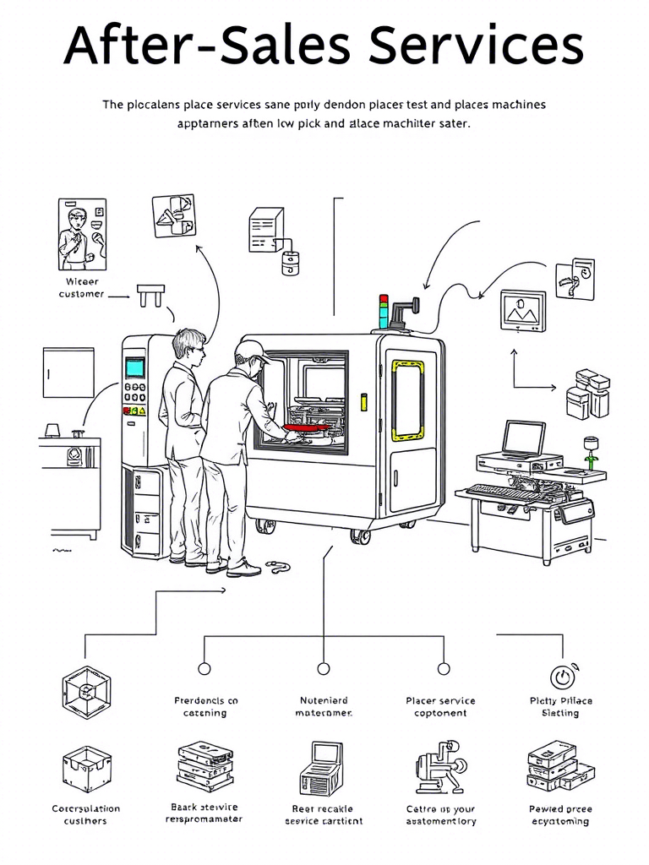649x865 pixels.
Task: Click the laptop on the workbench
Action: [x=523, y=440]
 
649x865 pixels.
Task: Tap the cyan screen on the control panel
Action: [x=135, y=367]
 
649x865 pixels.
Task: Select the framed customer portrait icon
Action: [x=83, y=234]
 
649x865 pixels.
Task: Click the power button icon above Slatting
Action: [x=561, y=677]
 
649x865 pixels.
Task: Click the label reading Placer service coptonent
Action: [x=440, y=707]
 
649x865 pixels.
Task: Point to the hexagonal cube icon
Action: [x=86, y=689]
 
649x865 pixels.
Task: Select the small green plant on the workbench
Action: [x=591, y=450]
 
